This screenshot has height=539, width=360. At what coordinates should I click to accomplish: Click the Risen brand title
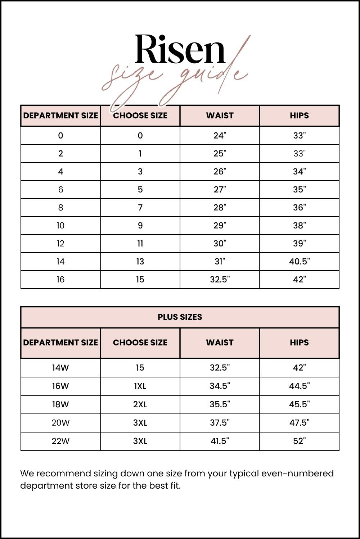pyautogui.click(x=180, y=49)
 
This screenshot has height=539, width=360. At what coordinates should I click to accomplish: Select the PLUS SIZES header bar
pyautogui.click(x=180, y=317)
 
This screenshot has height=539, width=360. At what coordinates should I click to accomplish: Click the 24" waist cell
pyautogui.click(x=220, y=136)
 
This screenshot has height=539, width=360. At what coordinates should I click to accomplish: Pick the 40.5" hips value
pyautogui.click(x=299, y=262)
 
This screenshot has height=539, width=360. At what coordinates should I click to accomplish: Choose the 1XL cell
pyautogui.click(x=140, y=386)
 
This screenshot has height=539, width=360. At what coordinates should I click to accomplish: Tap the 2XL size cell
pyautogui.click(x=140, y=404)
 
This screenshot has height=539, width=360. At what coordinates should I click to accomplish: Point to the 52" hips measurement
pyautogui.click(x=299, y=441)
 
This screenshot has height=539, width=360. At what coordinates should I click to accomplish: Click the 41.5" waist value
pyautogui.click(x=220, y=441)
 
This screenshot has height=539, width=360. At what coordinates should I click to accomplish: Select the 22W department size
pyautogui.click(x=60, y=441)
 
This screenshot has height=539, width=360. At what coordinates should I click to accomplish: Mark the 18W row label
pyautogui.click(x=60, y=404)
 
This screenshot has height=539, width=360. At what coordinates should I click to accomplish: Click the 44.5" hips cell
pyautogui.click(x=299, y=386)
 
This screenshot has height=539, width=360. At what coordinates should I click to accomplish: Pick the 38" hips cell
pyautogui.click(x=299, y=226)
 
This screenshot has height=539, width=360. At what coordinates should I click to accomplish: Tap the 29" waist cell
pyautogui.click(x=220, y=226)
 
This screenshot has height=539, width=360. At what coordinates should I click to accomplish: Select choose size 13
pyautogui.click(x=140, y=262)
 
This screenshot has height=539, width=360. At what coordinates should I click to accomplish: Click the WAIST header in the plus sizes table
pyautogui.click(x=220, y=343)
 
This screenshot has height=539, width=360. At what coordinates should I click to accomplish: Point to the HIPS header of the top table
pyautogui.click(x=299, y=115)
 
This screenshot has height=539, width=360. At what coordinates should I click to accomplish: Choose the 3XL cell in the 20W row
pyautogui.click(x=140, y=423)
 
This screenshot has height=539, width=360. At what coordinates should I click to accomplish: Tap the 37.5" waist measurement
pyautogui.click(x=220, y=423)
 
